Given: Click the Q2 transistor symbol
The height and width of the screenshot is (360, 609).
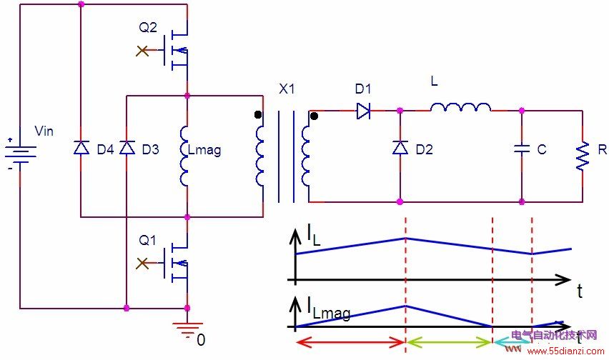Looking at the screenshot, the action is click(x=176, y=51).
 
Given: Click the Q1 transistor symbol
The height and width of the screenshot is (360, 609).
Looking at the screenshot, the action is click(x=176, y=264).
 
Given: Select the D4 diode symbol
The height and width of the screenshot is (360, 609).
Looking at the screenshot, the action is click(x=81, y=148).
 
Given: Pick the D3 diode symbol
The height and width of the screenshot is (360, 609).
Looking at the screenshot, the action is click(x=127, y=148).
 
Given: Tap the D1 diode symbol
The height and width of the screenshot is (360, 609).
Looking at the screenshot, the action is click(x=363, y=111).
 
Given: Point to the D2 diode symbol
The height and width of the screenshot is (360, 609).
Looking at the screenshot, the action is click(x=400, y=148).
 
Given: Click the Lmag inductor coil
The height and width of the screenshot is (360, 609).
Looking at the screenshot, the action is click(x=184, y=156).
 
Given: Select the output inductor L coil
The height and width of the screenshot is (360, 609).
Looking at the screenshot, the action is click(x=460, y=107).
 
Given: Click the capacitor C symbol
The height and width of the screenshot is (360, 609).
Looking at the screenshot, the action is click(x=522, y=149).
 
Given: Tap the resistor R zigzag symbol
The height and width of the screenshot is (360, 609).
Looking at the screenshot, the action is click(x=583, y=156).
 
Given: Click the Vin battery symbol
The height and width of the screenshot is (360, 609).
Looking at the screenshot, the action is click(x=20, y=154).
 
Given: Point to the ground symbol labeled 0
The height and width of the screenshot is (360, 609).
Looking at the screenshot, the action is click(x=187, y=328).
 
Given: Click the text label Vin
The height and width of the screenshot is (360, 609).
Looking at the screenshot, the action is click(x=44, y=131).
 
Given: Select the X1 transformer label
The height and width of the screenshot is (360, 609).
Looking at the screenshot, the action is click(x=287, y=89).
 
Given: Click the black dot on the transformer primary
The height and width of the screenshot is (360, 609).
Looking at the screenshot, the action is click(x=258, y=115).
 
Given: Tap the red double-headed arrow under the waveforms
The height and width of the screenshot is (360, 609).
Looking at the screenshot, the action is click(x=350, y=342).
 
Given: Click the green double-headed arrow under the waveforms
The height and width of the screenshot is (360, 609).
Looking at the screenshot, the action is click(x=449, y=342).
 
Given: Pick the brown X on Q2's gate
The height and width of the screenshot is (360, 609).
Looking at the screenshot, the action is click(x=142, y=51).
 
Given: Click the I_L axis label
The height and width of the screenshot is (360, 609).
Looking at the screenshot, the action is click(x=313, y=236).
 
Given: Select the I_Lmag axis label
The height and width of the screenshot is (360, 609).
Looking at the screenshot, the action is click(x=329, y=309).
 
